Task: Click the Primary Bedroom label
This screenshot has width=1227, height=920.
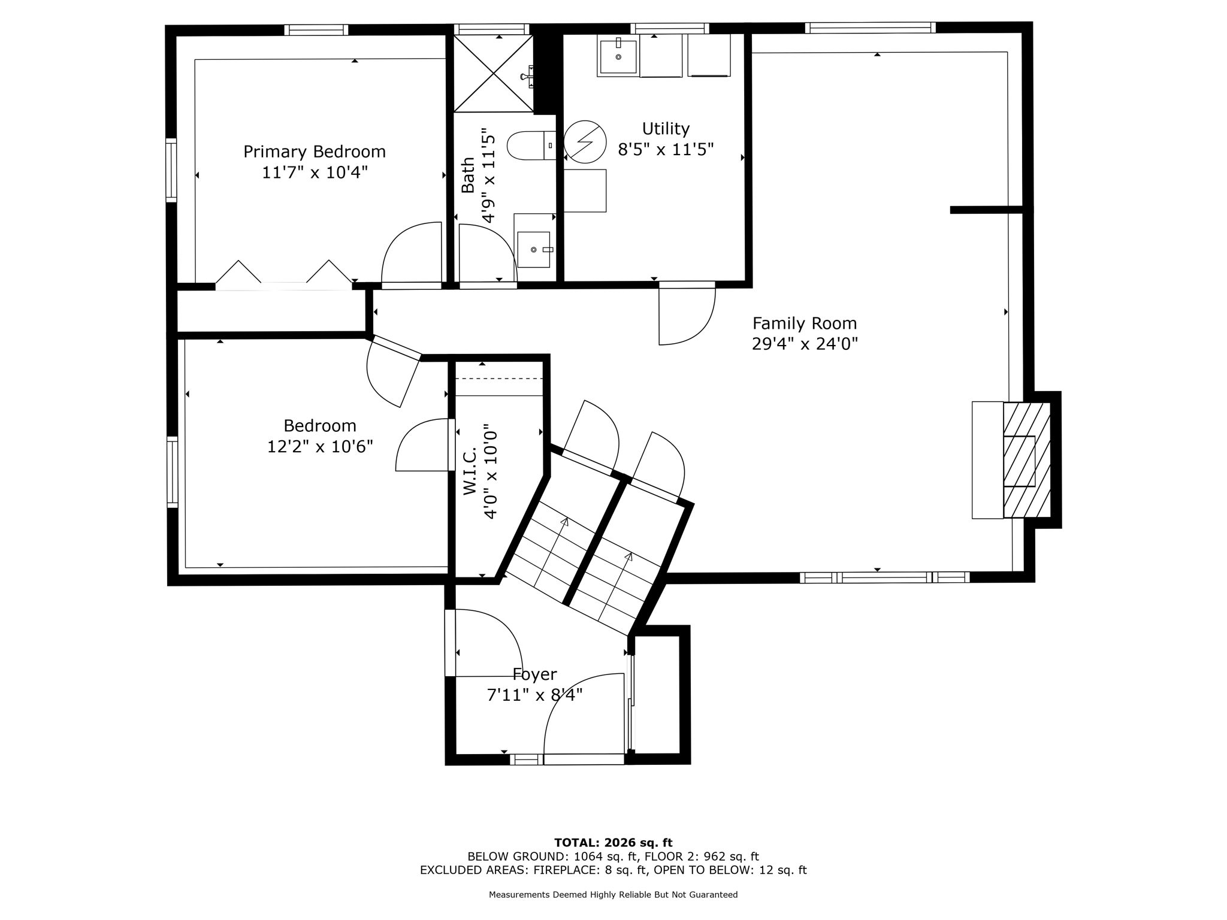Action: coord(314,152)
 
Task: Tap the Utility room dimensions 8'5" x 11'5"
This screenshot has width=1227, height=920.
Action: coord(665,149)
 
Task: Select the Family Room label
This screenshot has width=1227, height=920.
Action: coord(804,323)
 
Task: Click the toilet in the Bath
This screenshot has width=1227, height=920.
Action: coord(530,146)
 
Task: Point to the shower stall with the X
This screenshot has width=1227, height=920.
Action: coord(492,73)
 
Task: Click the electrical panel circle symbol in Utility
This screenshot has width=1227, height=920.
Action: coord(584,142)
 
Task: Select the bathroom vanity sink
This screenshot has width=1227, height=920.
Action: coord(533,249)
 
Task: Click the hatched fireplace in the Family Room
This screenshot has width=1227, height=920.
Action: coord(1026,460)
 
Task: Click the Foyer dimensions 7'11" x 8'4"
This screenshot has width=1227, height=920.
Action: coord(534,695)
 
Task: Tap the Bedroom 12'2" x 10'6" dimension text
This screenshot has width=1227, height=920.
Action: coord(320,447)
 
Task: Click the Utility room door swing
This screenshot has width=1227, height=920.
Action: coord(686,316)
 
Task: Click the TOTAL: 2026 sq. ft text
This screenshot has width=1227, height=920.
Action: coord(613,843)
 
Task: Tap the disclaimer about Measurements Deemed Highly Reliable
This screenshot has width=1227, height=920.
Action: coord(613,895)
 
